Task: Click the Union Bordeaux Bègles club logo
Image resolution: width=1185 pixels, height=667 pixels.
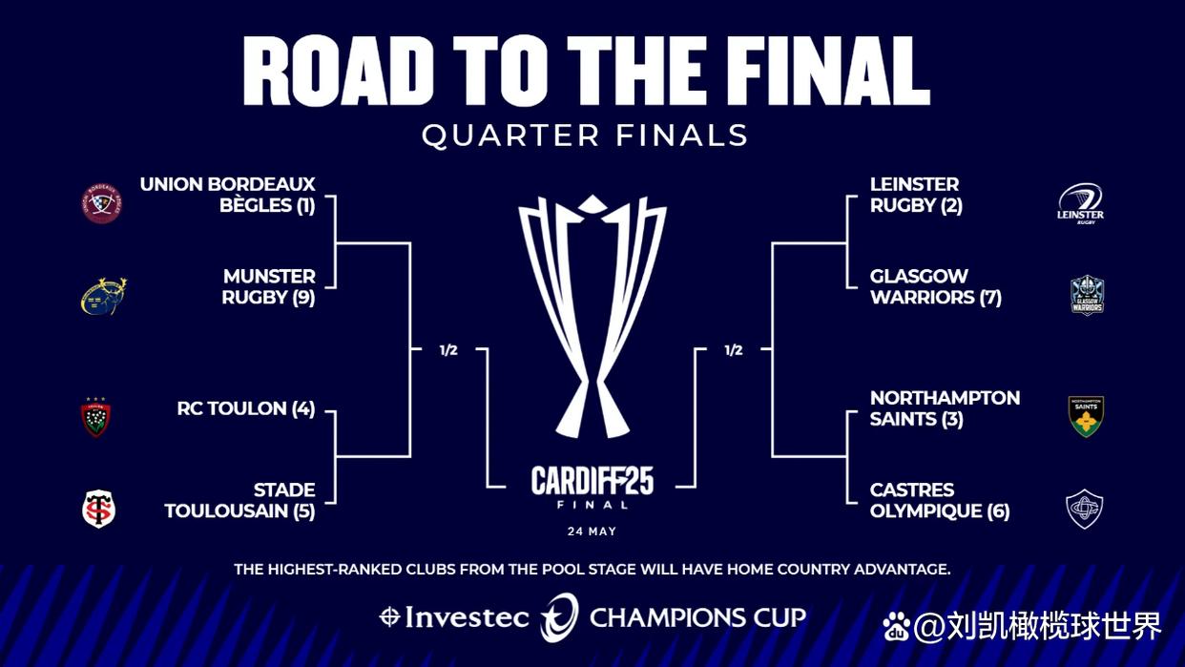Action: [x=101, y=203]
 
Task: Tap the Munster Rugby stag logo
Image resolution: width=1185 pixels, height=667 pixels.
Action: [x=103, y=296]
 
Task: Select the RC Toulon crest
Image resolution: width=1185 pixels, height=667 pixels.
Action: [x=95, y=417]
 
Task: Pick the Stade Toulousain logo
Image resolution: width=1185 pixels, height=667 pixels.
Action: [x=98, y=509]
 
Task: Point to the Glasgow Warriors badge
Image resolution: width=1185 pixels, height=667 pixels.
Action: [x=1087, y=295]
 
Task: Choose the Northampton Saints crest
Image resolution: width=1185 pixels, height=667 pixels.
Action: [x=1086, y=416]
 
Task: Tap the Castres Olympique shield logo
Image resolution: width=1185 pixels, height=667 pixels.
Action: [x=1085, y=509]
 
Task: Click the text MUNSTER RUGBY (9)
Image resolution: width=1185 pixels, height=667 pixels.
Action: [x=268, y=286]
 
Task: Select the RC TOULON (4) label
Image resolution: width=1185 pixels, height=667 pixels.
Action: [x=245, y=408]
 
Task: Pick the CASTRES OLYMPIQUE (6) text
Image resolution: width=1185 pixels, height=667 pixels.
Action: [x=939, y=500]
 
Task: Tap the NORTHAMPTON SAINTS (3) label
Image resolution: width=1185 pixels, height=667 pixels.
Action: [x=945, y=407]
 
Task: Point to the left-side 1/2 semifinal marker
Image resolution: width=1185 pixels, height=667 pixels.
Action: [x=448, y=350]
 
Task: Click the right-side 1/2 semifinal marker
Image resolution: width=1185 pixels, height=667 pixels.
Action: [x=733, y=350]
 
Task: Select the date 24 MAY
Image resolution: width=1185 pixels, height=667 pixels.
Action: [x=592, y=531]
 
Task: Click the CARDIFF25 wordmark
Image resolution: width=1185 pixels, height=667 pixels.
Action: [x=592, y=481]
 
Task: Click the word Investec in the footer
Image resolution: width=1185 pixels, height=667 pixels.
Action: [x=467, y=617]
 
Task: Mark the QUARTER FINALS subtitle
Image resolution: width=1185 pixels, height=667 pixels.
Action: [x=585, y=135]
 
